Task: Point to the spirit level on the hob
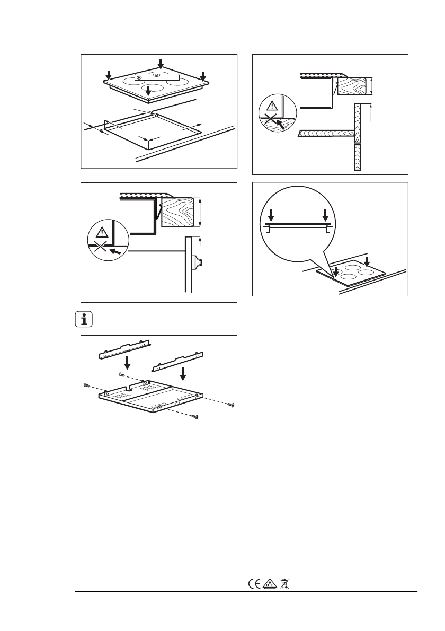(x=157, y=77)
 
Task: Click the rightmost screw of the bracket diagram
(x=231, y=405)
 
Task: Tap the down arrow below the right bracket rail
(x=183, y=373)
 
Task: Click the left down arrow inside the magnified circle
(x=271, y=215)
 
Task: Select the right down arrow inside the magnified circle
(x=325, y=215)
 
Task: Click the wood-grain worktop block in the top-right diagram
(x=351, y=86)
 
